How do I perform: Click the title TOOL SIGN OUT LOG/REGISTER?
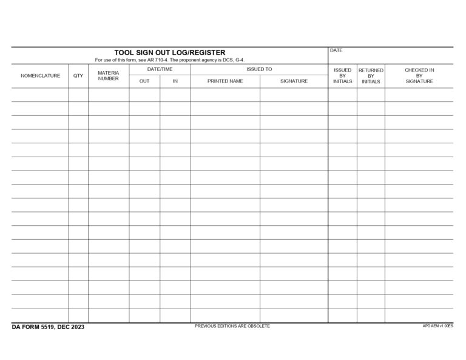coord(169,53)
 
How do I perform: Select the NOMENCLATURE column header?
coord(40,76)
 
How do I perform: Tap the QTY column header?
coord(78,76)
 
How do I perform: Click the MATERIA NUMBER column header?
coord(109,76)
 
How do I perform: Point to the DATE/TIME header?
coord(160,69)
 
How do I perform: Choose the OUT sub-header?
coord(144,81)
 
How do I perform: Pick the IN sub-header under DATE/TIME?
coord(175,81)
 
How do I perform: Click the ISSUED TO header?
coord(259,69)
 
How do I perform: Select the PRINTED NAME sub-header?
coord(225,81)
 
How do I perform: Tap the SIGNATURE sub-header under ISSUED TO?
coord(294,81)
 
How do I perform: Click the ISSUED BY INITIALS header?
coord(342,76)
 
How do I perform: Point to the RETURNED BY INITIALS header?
coord(371,76)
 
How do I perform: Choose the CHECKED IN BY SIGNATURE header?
coord(419,76)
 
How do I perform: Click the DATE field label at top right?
coord(336,50)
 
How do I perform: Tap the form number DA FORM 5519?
coord(33,327)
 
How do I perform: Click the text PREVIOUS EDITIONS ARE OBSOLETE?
coord(232,326)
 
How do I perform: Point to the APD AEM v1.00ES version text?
coord(437,326)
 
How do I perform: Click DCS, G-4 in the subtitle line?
coord(232,60)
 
